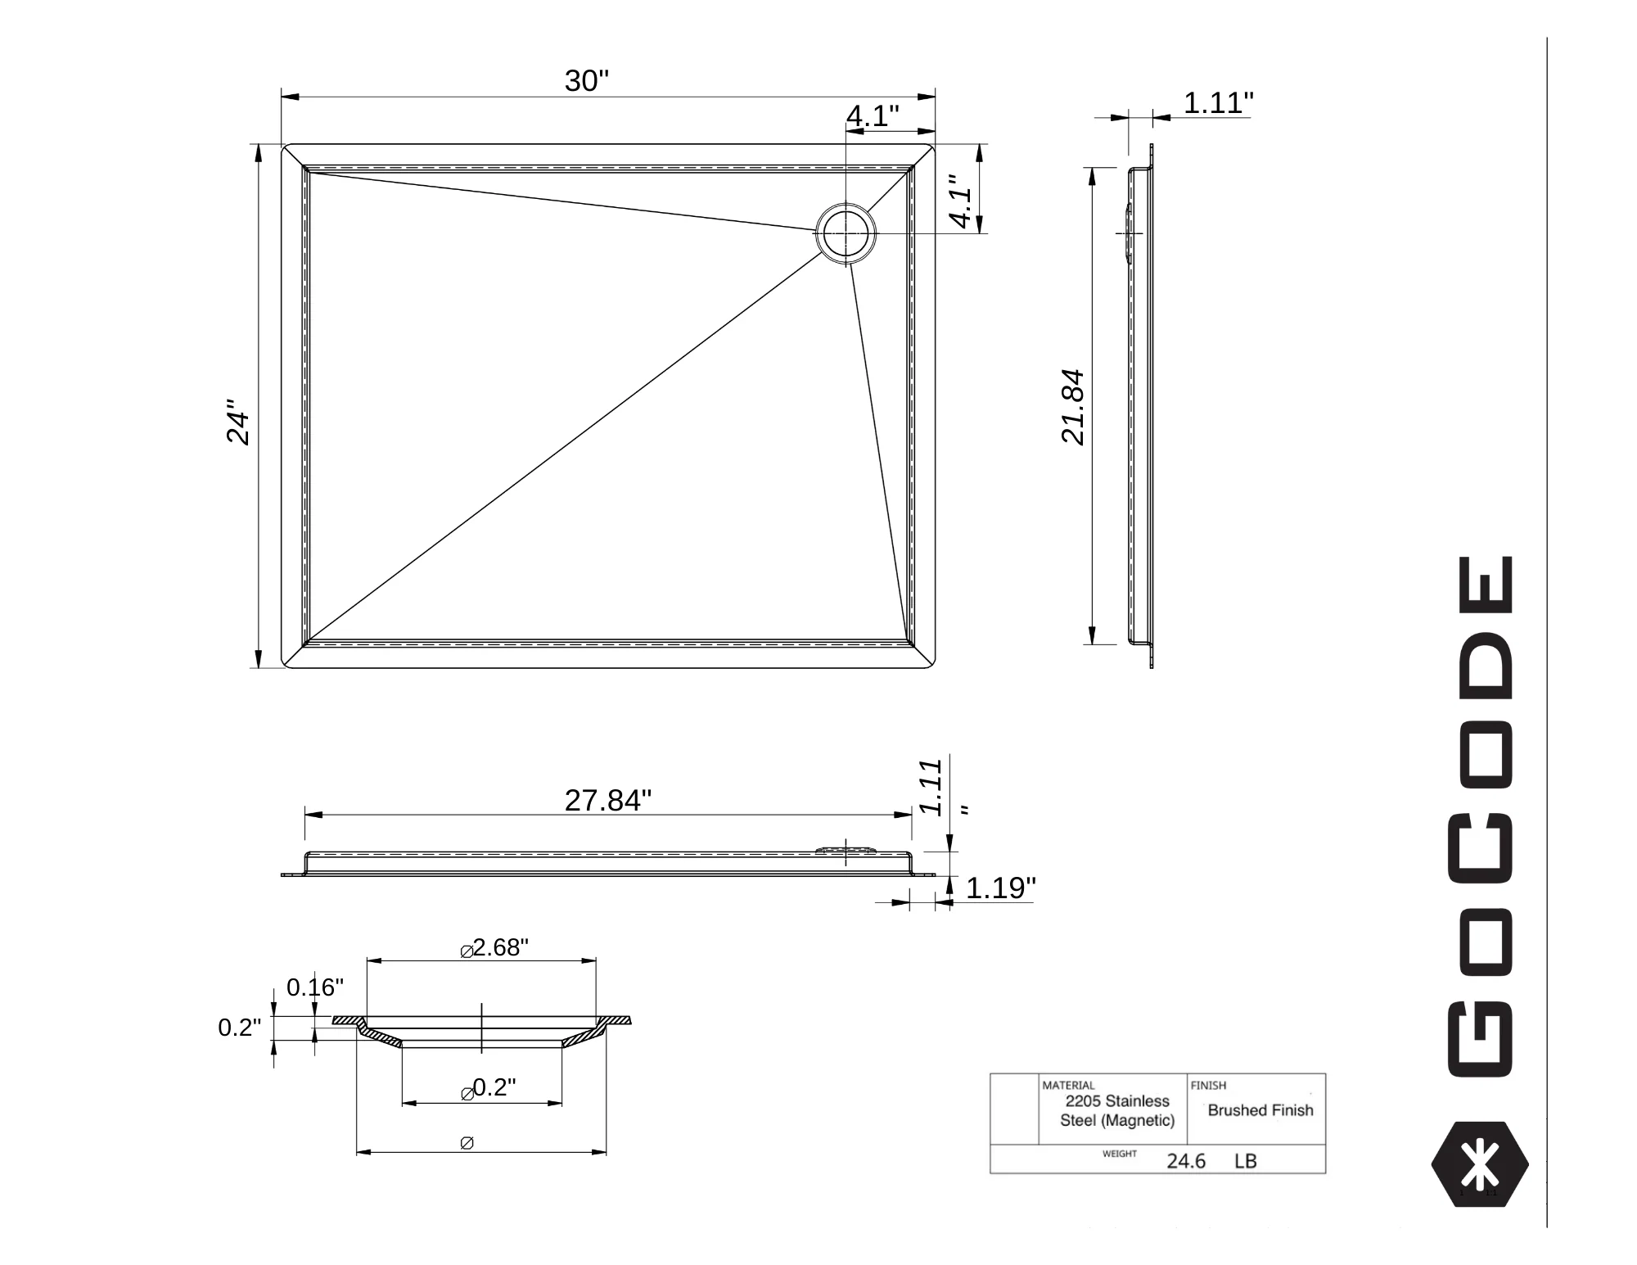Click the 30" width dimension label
coord(587,81)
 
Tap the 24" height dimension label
coord(237,422)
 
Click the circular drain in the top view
coord(846,233)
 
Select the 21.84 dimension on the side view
coord(1072,407)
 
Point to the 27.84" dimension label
coord(608,800)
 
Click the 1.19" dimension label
coord(1001,888)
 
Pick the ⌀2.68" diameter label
coord(494,947)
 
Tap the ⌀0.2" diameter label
coord(489,1088)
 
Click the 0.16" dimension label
coord(315,987)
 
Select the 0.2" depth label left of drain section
coord(239,1028)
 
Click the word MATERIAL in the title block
coord(1068,1086)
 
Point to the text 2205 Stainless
coord(1117,1101)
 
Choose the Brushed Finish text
coord(1260,1110)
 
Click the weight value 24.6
coord(1186,1161)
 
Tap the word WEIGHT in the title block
coord(1119,1154)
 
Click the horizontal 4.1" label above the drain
coord(873,116)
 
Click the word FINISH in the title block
coord(1208,1086)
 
